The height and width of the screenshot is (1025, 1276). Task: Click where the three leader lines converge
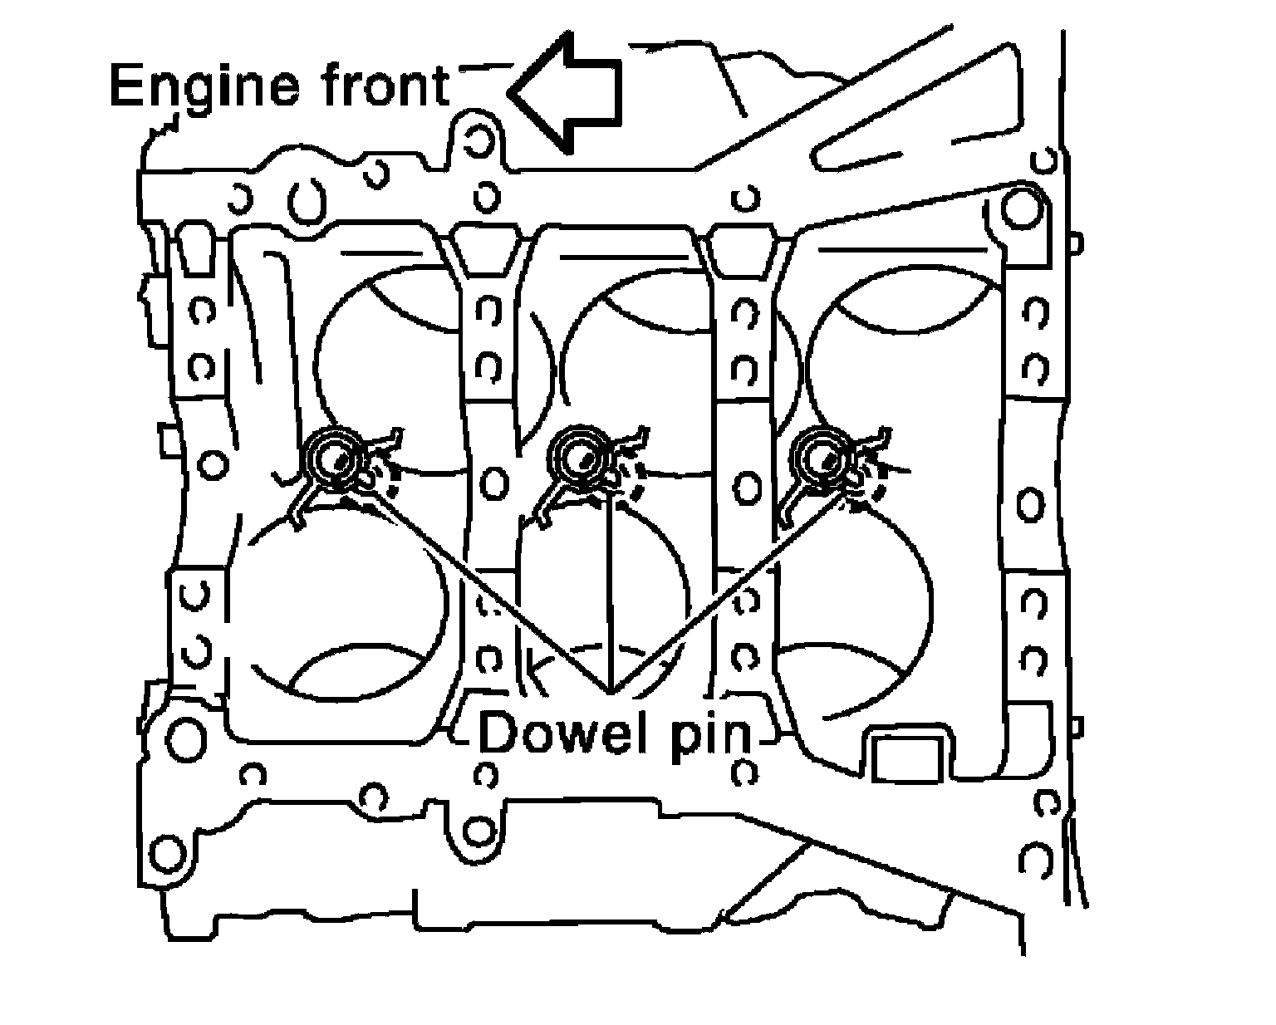pyautogui.click(x=612, y=691)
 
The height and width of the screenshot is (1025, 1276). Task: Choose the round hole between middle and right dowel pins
pyautogui.click(x=747, y=487)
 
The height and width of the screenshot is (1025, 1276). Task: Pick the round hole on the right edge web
pyautogui.click(x=1030, y=504)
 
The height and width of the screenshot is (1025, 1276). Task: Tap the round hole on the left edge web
pyautogui.click(x=213, y=463)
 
